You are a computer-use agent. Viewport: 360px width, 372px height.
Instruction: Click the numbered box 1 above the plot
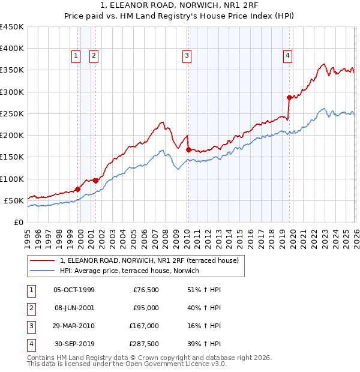click(x=76, y=56)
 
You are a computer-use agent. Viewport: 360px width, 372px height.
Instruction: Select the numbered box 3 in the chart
click(x=187, y=56)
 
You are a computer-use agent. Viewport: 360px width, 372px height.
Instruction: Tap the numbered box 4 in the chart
click(x=288, y=56)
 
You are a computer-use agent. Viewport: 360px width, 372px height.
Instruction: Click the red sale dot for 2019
click(x=289, y=97)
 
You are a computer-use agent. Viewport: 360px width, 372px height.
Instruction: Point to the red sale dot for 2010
click(x=188, y=149)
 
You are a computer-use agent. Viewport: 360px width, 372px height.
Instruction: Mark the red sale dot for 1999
click(x=77, y=189)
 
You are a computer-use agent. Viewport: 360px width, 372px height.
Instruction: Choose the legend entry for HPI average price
click(x=133, y=271)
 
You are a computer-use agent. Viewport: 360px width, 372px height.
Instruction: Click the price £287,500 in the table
click(x=144, y=344)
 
